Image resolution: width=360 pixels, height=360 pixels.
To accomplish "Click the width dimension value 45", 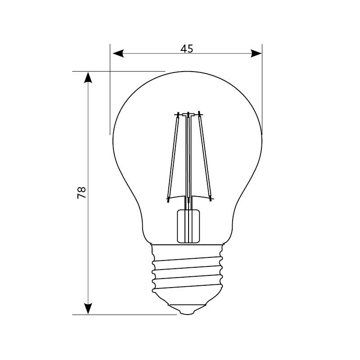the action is (x=187, y=49).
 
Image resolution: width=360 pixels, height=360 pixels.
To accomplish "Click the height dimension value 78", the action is (x=81, y=193).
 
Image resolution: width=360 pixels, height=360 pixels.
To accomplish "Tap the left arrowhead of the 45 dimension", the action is (x=118, y=54).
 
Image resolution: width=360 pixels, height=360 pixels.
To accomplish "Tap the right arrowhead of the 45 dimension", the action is (x=256, y=54).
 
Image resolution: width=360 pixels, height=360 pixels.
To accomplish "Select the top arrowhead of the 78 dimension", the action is (x=88, y=77).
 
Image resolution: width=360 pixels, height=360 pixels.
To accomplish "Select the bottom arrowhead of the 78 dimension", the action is (x=88, y=309).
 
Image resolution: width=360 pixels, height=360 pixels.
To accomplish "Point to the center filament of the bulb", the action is (x=188, y=156).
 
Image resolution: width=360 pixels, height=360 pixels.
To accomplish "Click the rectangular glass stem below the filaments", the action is (x=188, y=226).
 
